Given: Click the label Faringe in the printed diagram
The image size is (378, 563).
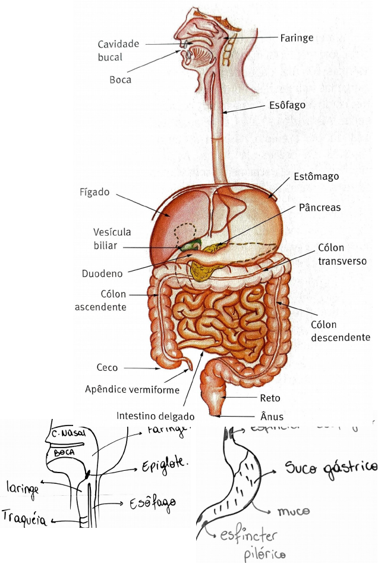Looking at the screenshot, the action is pyautogui.click(x=297, y=38).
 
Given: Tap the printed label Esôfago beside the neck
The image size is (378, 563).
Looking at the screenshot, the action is pyautogui.click(x=287, y=105).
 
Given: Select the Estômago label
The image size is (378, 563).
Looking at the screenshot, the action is pyautogui.click(x=316, y=177).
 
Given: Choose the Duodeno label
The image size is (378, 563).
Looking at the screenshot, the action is pyautogui.click(x=103, y=274).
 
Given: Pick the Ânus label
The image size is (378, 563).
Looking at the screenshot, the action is pyautogui.click(x=270, y=417).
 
